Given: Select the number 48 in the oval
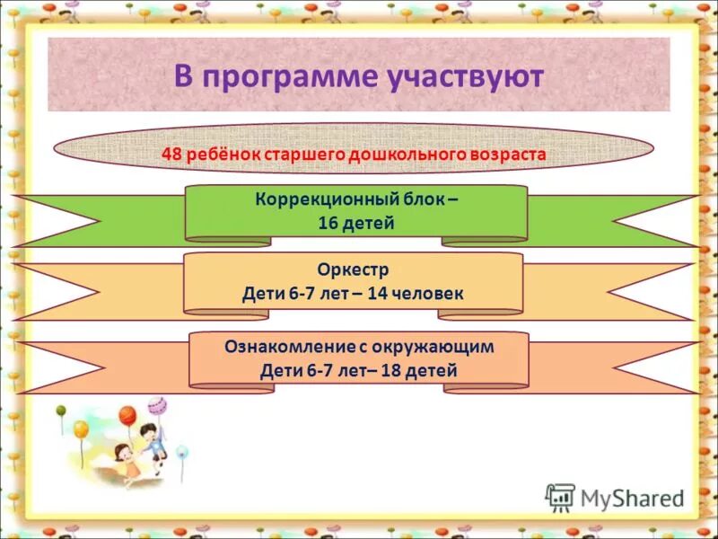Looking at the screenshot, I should (171, 154).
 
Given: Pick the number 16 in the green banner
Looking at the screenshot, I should (328, 223).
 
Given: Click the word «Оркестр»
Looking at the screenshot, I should (353, 269).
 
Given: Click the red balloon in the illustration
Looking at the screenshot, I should (127, 416).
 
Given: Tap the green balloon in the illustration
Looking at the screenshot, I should (61, 412).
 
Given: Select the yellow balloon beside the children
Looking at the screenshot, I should (81, 430).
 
